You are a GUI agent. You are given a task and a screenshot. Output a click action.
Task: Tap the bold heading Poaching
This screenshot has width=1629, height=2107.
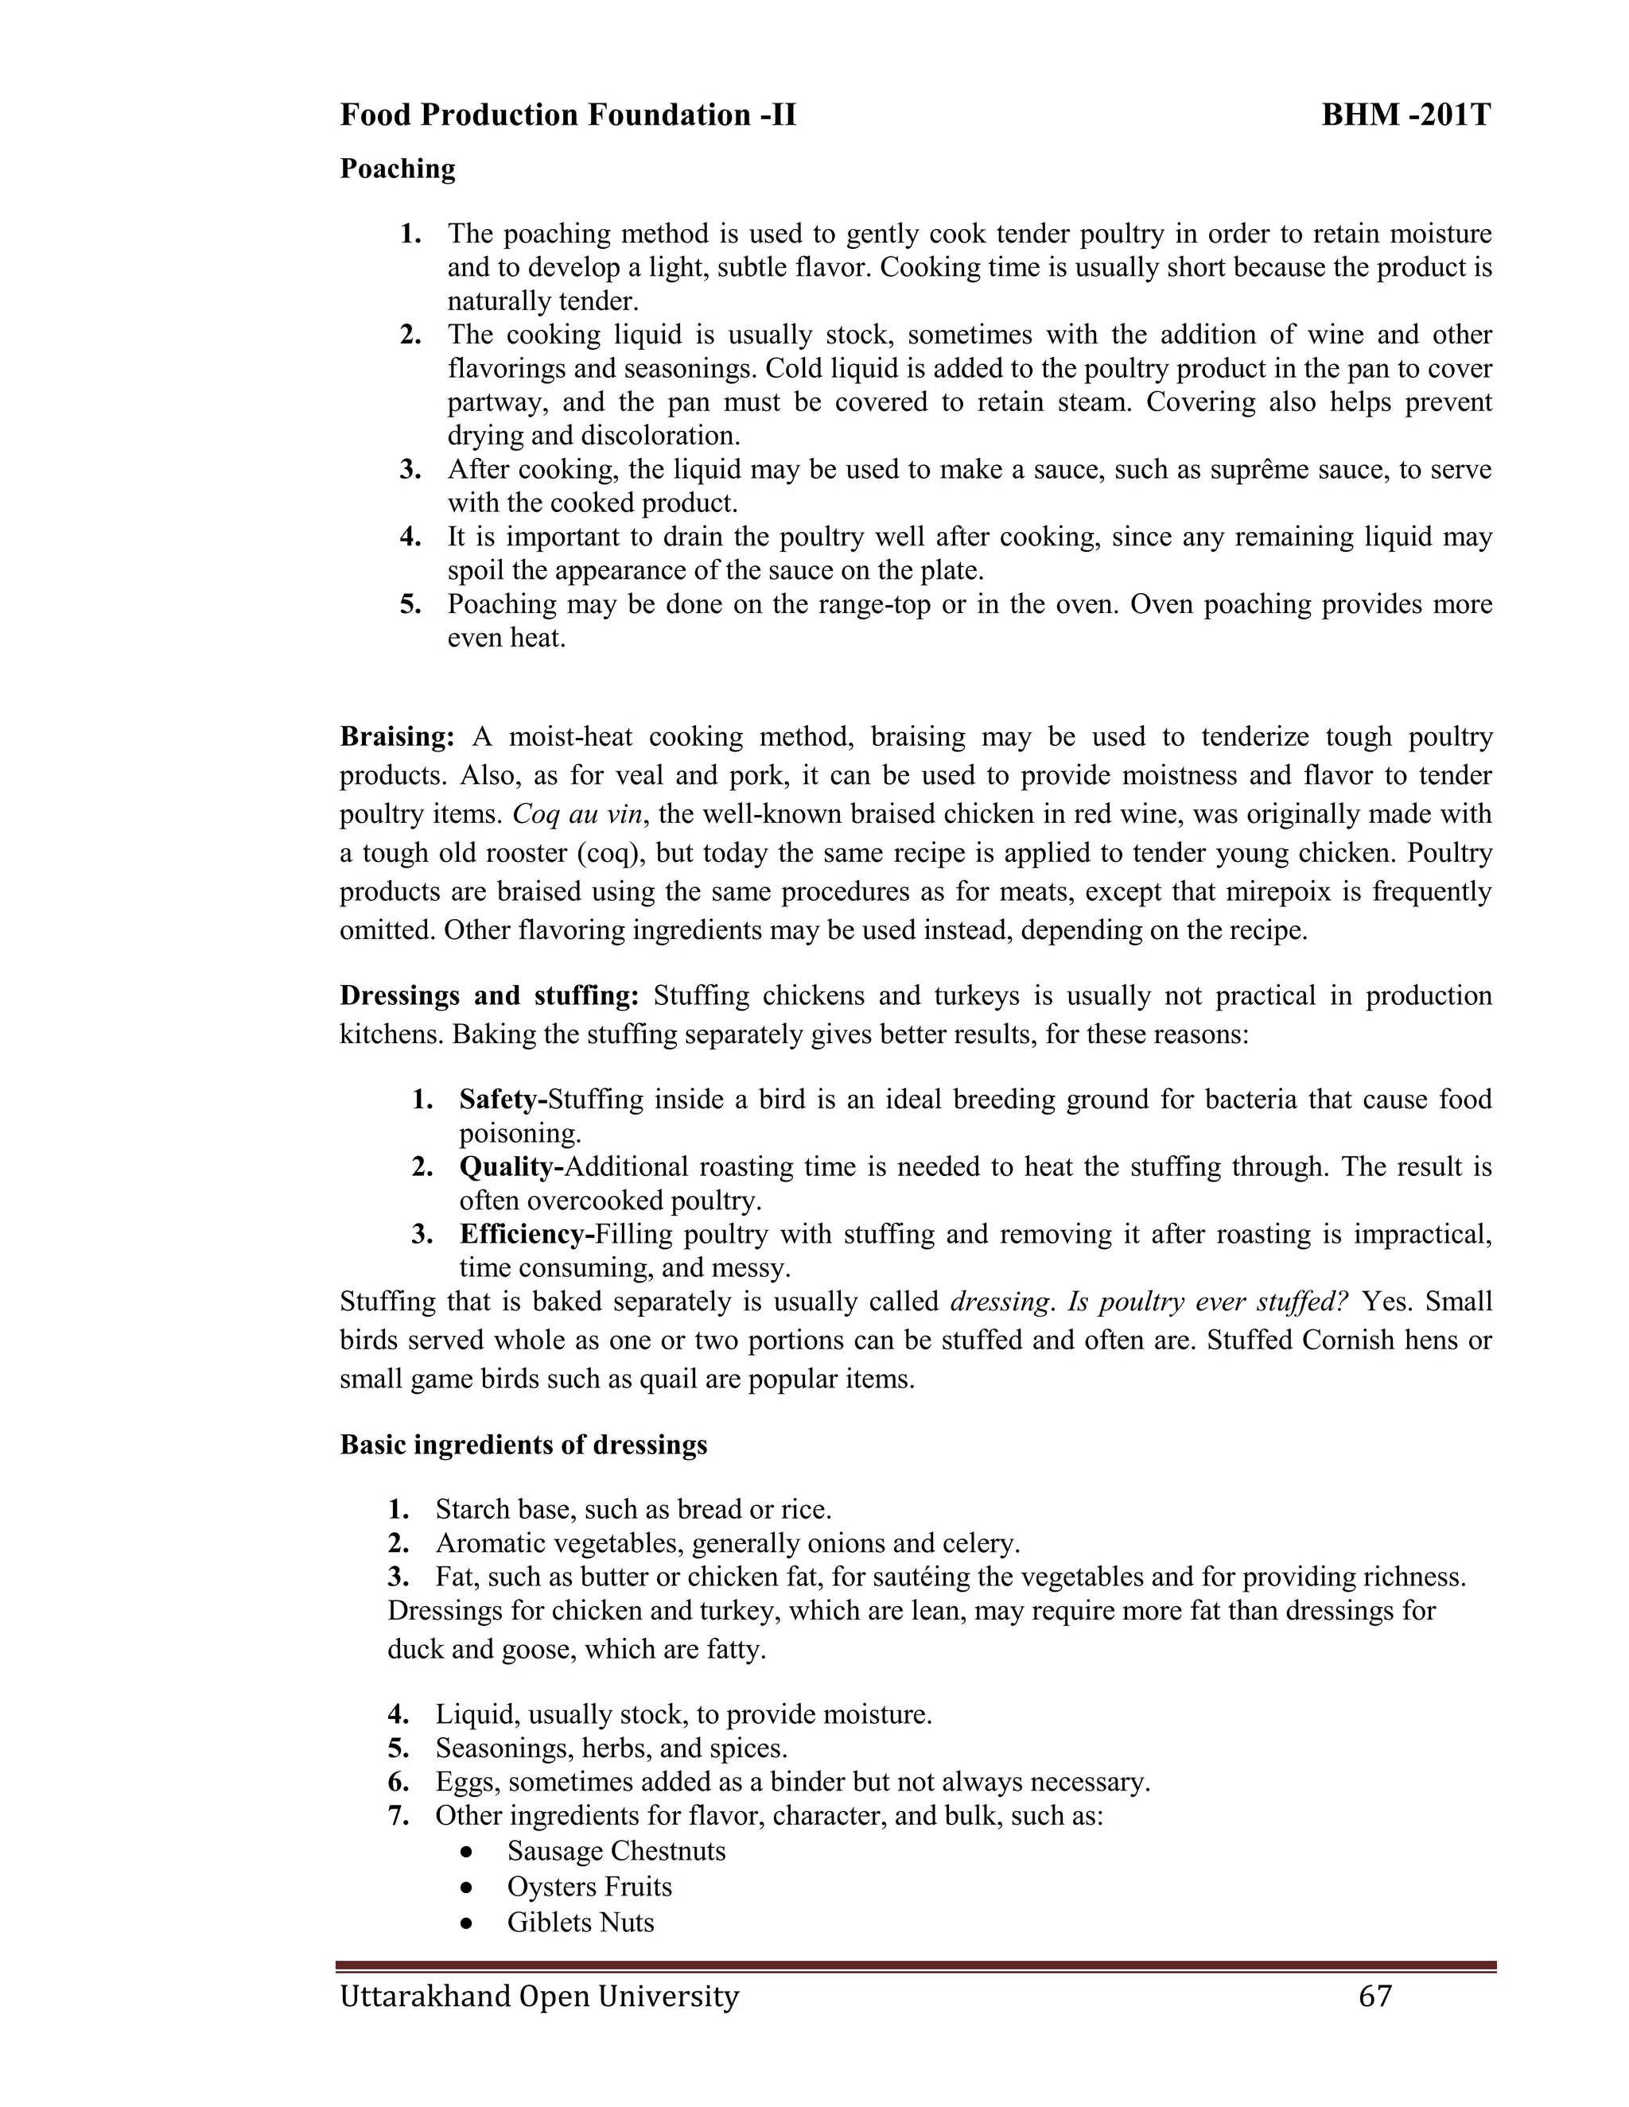398,169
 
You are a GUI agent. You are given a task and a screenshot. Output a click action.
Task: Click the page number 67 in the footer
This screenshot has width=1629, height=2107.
1375,1995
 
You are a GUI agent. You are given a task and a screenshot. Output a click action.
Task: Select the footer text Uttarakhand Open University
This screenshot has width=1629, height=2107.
538,1995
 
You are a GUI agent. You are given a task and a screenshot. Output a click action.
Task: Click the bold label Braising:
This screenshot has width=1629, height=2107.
397,737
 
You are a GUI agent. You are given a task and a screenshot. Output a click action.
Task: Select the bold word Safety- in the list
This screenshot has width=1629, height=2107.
503,1099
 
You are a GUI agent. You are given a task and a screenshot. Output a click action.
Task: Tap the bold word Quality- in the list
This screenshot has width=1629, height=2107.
511,1166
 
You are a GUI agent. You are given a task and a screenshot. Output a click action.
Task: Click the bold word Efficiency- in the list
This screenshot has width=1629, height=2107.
527,1234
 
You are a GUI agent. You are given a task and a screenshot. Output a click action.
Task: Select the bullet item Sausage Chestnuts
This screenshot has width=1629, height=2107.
616,1850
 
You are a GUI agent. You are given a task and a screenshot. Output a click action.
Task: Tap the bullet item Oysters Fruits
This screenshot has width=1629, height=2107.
589,1886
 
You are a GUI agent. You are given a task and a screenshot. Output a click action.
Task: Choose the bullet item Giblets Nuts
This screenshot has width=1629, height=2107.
580,1922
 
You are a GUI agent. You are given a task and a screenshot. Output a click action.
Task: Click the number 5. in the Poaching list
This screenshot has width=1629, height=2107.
411,605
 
